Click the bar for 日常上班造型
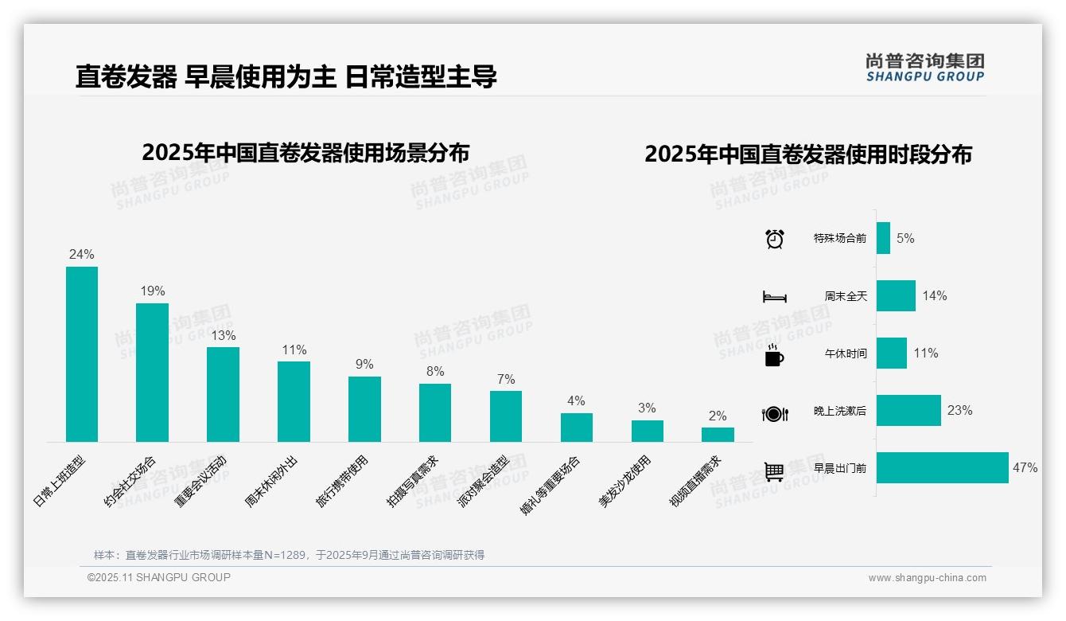pos(81,354)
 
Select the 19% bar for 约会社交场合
pos(152,373)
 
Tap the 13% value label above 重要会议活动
pos(223,335)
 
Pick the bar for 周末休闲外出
pos(294,401)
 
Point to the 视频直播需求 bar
pos(718,435)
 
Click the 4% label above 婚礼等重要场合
pos(576,400)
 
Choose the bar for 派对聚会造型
pos(506,416)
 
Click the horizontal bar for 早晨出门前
pos(943,468)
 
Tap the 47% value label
pos(1025,468)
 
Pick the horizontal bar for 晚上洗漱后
pos(908,411)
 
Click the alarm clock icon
pos(775,239)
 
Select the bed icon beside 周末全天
pos(775,297)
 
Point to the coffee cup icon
pos(774,355)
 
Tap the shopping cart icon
pos(774,471)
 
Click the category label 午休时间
pos(846,353)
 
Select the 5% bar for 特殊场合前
pos(883,238)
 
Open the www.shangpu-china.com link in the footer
pos(927,578)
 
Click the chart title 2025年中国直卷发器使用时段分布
pos(808,154)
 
